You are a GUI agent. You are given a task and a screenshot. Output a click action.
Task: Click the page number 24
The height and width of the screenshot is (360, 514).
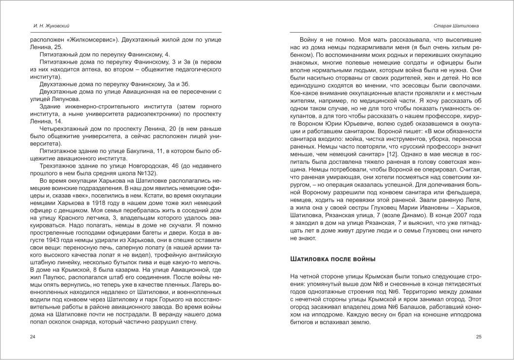pos(33,336)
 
